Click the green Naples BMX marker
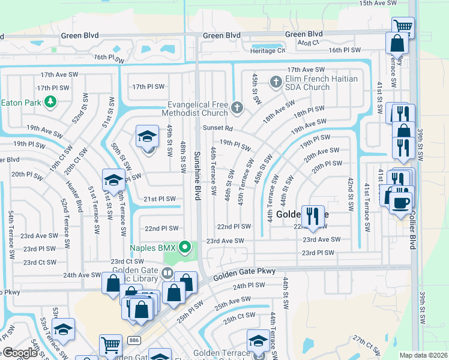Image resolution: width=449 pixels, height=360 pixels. pyautogui.click(x=186, y=246)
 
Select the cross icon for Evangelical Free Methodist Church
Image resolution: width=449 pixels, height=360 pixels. pyautogui.click(x=237, y=108)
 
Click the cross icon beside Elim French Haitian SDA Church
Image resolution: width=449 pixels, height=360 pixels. pyautogui.click(x=276, y=82)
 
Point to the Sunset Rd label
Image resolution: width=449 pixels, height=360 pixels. pyautogui.click(x=217, y=128)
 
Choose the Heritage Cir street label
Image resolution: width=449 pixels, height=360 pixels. pyautogui.click(x=268, y=51)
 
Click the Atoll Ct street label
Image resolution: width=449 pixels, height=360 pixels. pyautogui.click(x=309, y=42)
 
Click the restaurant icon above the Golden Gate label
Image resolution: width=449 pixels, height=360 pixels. pyautogui.click(x=312, y=215)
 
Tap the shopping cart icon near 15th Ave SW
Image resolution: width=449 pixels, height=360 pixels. pyautogui.click(x=403, y=26)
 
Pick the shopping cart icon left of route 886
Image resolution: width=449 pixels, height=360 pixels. pyautogui.click(x=110, y=345)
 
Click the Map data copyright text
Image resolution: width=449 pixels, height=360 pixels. pyautogui.click(x=423, y=355)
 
